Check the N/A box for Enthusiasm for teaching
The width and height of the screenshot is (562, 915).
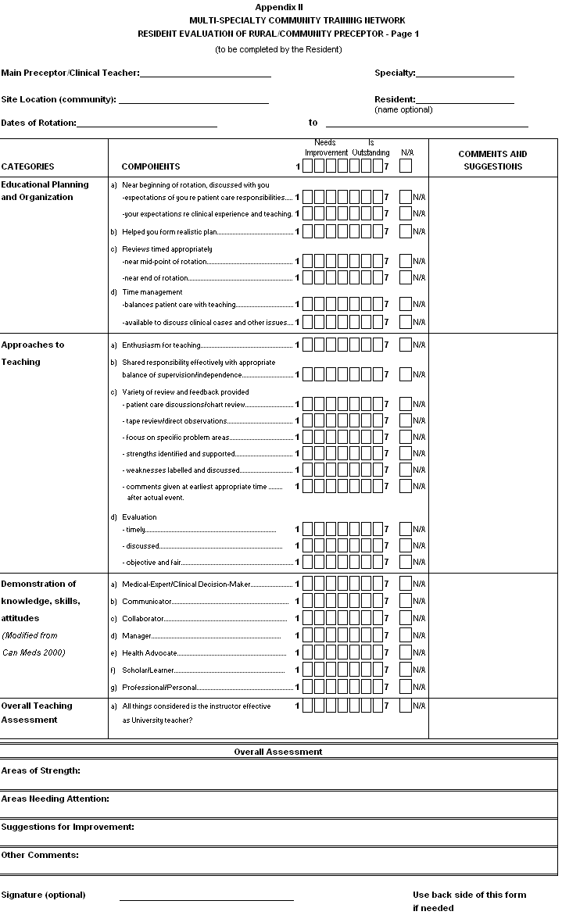[405, 345]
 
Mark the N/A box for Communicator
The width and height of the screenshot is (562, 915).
[405, 601]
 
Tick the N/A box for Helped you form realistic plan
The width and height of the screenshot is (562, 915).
[405, 231]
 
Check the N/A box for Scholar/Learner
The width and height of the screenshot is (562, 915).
[405, 670]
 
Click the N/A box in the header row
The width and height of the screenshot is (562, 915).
[406, 166]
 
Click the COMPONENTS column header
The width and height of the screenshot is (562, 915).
[151, 166]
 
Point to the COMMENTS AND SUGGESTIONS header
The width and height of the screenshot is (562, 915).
[492, 160]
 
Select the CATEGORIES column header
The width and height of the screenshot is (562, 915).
[28, 166]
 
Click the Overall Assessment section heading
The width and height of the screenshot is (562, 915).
[277, 752]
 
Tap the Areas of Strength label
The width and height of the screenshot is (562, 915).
[41, 771]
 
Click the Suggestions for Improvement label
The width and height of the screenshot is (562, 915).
[67, 827]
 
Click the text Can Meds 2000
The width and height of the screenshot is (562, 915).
[33, 652]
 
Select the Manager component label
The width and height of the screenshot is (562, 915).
[137, 635]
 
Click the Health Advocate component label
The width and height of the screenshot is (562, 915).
[149, 652]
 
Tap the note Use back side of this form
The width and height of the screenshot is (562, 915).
[470, 895]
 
